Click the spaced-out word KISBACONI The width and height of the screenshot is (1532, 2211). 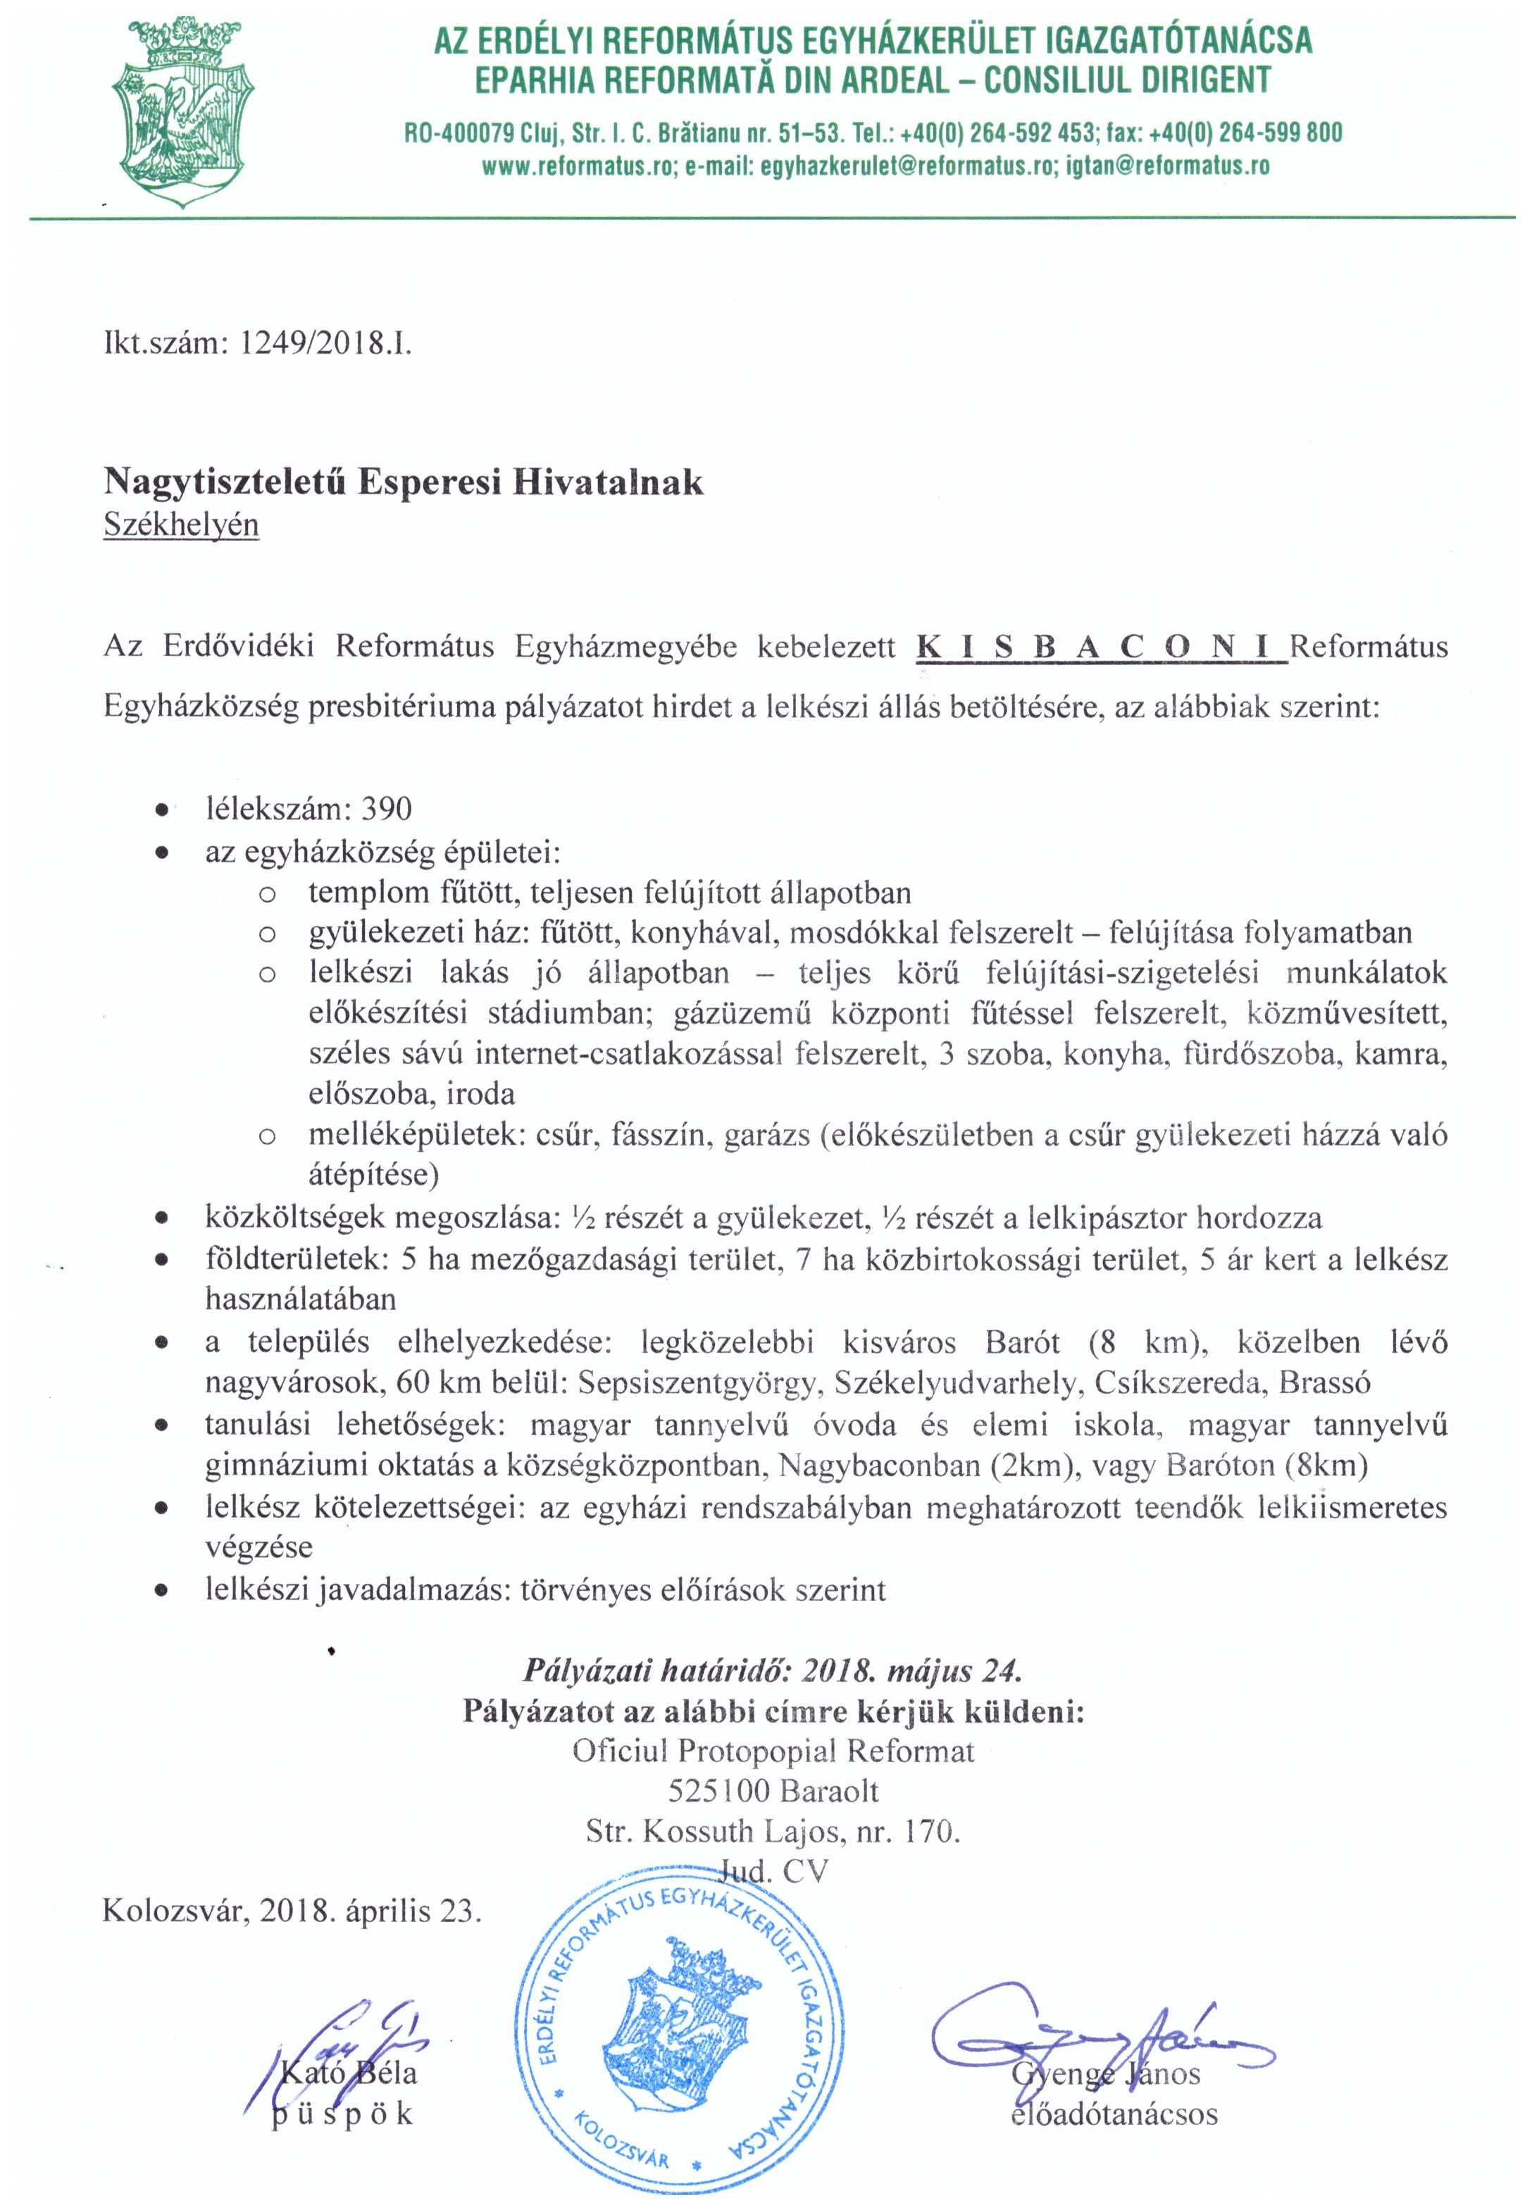pyautogui.click(x=1101, y=646)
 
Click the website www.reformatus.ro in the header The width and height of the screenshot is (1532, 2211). pyautogui.click(x=580, y=166)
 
